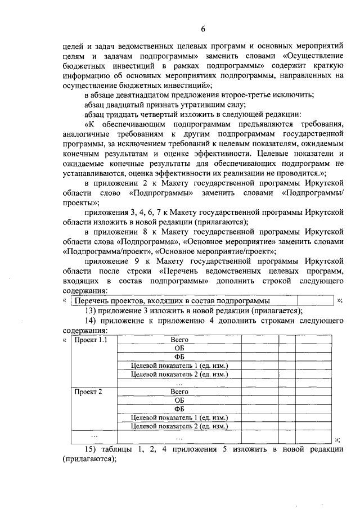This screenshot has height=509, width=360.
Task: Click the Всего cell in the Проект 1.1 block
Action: (x=179, y=340)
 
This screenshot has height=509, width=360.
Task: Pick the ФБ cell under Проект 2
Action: (x=179, y=409)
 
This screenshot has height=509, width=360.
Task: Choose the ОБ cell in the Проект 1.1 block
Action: (x=179, y=349)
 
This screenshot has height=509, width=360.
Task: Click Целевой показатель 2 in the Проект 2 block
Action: (x=179, y=426)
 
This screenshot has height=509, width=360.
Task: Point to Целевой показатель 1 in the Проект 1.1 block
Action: (x=179, y=366)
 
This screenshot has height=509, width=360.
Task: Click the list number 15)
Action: (x=92, y=449)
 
